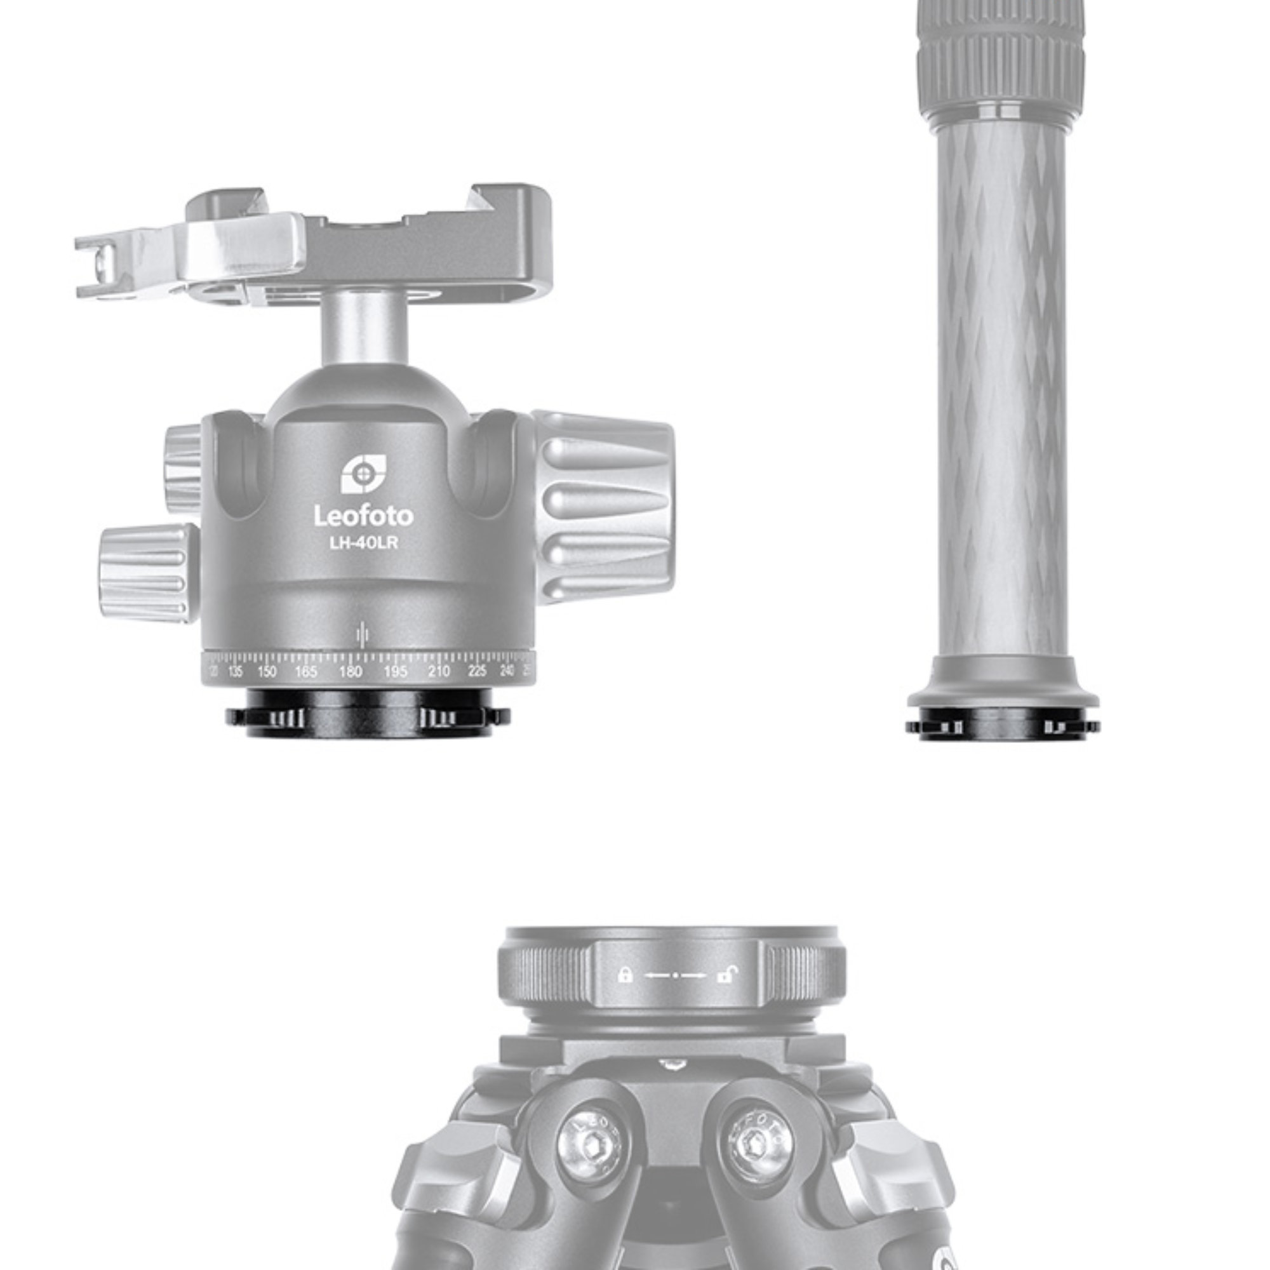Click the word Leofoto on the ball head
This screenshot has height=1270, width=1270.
pyautogui.click(x=363, y=516)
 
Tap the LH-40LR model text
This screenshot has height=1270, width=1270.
pyautogui.click(x=363, y=544)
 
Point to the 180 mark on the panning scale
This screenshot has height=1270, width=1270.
pyautogui.click(x=351, y=671)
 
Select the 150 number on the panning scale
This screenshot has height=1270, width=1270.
pyautogui.click(x=266, y=671)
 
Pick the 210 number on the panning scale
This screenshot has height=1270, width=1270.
pyautogui.click(x=438, y=671)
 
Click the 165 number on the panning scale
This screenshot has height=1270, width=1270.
pyautogui.click(x=306, y=671)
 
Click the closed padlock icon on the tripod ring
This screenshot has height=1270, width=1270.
pyautogui.click(x=625, y=975)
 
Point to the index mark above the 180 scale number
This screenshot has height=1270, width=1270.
pyautogui.click(x=361, y=635)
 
